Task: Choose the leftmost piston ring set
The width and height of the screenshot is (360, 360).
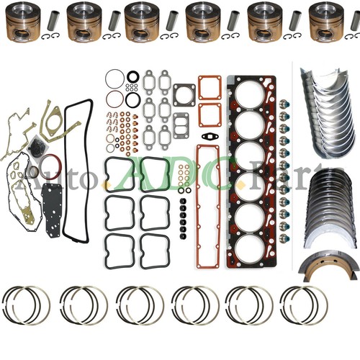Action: click(28, 305)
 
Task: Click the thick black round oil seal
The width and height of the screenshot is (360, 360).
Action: click(134, 76)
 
